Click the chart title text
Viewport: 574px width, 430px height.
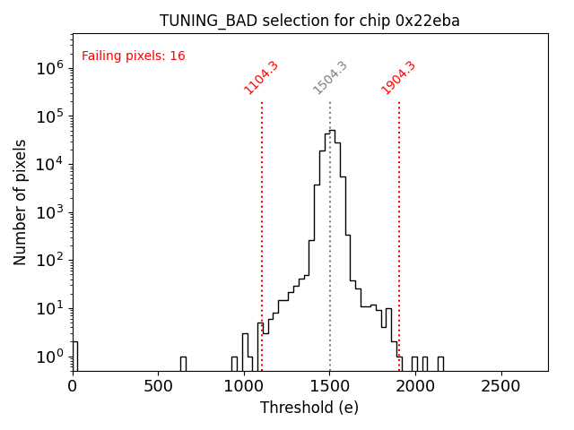pos(309,21)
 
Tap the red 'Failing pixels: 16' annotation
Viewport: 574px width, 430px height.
pos(133,56)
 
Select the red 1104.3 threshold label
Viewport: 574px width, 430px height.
pos(261,78)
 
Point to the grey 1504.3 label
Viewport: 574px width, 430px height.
pos(330,78)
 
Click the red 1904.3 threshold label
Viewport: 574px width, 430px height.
pos(398,78)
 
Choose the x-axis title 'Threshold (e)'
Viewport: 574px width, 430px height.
pos(309,408)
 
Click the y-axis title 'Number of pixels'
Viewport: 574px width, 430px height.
pos(21,202)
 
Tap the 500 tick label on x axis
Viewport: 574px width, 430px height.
pos(159,386)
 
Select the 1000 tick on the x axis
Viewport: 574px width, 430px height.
pos(244,386)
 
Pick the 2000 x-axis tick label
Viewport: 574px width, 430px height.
pos(415,386)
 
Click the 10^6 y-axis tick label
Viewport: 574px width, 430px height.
pos(47,68)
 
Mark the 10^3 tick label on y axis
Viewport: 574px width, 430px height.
pos(47,212)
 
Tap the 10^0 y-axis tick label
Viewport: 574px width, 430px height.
pos(47,357)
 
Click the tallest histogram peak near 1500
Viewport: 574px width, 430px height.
pos(330,132)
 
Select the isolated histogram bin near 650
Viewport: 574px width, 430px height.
pos(183,363)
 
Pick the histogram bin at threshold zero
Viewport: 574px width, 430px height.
pos(74,356)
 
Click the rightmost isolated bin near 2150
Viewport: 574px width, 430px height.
pos(440,363)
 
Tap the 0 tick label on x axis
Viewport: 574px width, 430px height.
pos(73,386)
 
